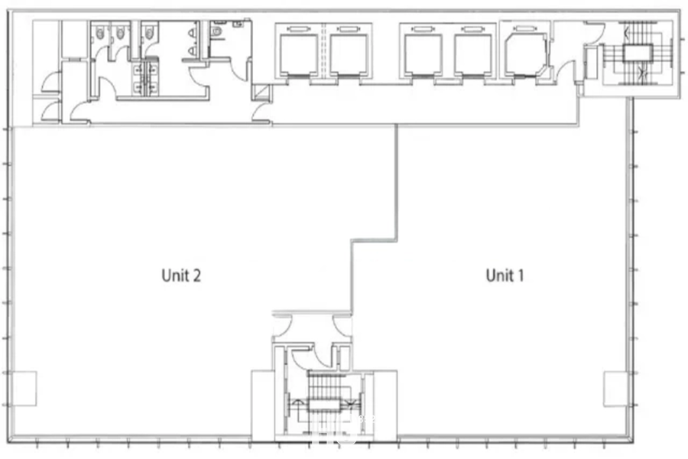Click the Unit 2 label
pyautogui.click(x=180, y=275)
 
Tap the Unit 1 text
pyautogui.click(x=505, y=275)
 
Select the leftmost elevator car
pyautogui.click(x=299, y=55)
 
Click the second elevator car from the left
pyautogui.click(x=349, y=55)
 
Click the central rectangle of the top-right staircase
pyautogui.click(x=638, y=54)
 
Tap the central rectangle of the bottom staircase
pyautogui.click(x=325, y=404)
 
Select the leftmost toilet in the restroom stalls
pyautogui.click(x=100, y=34)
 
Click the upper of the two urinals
pyautogui.click(x=192, y=33)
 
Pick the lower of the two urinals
pyautogui.click(x=192, y=51)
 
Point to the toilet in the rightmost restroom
pyautogui.click(x=216, y=31)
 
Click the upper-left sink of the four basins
pyautogui.click(x=138, y=69)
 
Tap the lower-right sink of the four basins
pyautogui.click(x=152, y=88)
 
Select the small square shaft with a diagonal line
pyautogui.click(x=262, y=93)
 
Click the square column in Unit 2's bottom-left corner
pyautogui.click(x=25, y=389)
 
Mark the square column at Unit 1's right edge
pyautogui.click(x=615, y=389)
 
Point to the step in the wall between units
pyautogui.click(x=375, y=240)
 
